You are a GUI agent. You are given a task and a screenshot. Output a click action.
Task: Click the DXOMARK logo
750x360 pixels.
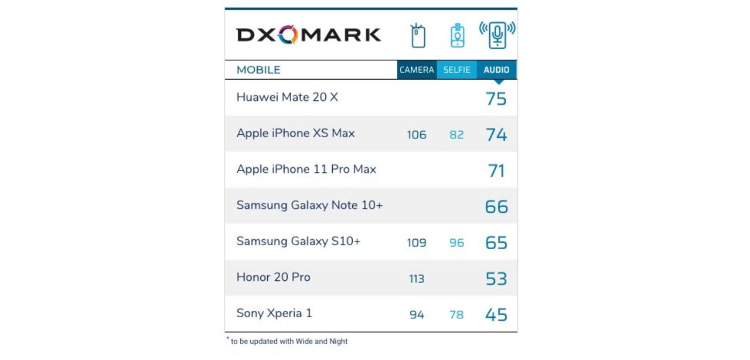coord(309,35)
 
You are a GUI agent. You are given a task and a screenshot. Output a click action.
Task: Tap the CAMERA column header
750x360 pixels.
coord(417,70)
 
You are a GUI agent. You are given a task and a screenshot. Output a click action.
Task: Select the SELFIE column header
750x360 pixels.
coord(456,70)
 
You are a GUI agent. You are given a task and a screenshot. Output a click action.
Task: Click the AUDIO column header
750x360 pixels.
coord(496,70)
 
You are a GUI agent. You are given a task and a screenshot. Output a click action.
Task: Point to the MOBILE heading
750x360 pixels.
coord(258,70)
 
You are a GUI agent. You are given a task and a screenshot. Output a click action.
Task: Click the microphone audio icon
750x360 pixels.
coord(497,35)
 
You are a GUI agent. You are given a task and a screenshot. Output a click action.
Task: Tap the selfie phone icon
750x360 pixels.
coord(457,36)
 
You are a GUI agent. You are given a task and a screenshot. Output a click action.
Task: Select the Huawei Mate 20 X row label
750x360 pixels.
coord(287,97)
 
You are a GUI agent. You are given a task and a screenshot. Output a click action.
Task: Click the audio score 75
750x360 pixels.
coord(496,99)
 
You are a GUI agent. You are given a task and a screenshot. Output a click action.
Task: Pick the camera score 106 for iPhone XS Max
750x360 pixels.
coord(417,135)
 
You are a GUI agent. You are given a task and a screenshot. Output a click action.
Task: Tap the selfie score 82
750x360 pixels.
coord(456,135)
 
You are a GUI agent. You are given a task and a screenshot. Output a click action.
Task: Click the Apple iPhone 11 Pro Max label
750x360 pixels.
coord(306,169)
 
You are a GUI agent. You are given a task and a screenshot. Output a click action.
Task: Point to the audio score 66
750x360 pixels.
coord(496,206)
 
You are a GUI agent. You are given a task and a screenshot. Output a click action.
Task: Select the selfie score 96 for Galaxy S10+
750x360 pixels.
coord(456,243)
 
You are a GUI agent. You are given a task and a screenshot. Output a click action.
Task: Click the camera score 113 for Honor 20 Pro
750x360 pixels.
coord(417,279)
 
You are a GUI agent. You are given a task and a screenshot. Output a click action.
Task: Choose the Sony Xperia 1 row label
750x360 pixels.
coord(274,313)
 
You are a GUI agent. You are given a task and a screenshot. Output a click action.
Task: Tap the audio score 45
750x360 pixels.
coord(496,315)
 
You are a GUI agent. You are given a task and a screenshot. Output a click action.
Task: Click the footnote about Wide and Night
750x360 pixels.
coord(288,341)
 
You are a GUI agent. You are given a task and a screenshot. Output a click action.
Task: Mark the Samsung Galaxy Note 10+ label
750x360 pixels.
coord(309,205)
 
